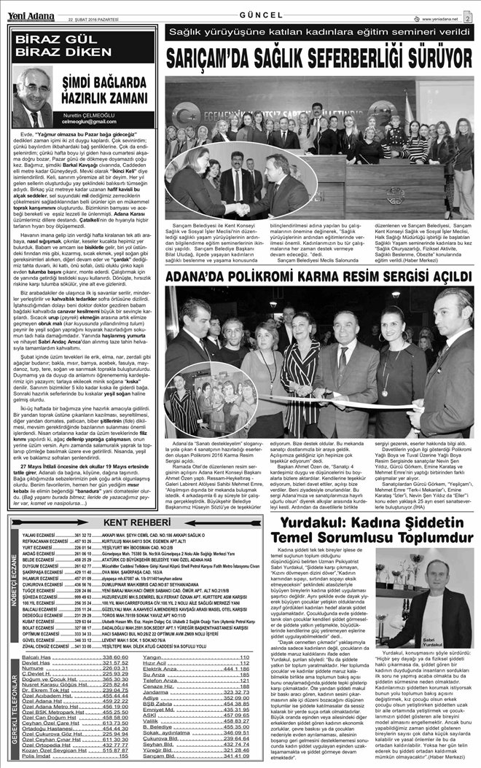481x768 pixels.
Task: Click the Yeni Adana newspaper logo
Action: (x=31, y=9)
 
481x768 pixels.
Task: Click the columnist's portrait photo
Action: (x=33, y=98)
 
